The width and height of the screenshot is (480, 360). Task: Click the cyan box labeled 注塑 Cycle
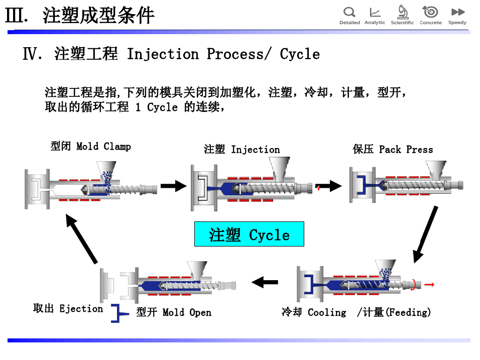tap(249, 234)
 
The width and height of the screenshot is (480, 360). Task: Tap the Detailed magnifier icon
tap(349, 12)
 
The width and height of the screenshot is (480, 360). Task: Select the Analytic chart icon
tap(375, 12)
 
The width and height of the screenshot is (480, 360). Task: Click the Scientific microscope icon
tap(402, 12)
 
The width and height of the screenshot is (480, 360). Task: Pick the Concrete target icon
tap(430, 12)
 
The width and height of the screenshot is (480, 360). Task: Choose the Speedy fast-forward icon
tap(457, 12)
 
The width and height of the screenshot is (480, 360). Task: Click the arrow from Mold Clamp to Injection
tap(174, 186)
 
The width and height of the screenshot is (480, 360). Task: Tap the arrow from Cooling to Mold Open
tap(265, 282)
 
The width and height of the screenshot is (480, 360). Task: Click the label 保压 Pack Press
tap(393, 150)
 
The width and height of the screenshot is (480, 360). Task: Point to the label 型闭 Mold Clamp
tap(91, 147)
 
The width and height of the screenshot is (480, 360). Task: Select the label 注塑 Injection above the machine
tap(242, 150)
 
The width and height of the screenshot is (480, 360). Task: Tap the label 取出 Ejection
tap(68, 309)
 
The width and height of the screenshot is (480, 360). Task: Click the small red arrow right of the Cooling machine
tap(429, 285)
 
